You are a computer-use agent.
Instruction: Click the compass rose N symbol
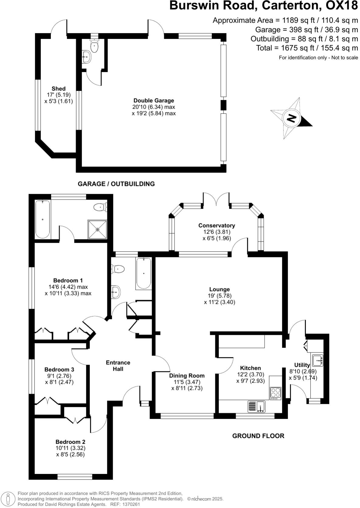[x=291, y=118]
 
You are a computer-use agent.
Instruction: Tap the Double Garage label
[x=154, y=101]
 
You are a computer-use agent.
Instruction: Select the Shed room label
[x=58, y=89]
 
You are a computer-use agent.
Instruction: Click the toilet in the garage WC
[x=95, y=46]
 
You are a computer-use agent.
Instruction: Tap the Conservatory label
[x=216, y=225]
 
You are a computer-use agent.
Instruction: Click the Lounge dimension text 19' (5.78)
[x=220, y=296]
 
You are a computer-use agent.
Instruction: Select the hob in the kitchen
[x=275, y=393]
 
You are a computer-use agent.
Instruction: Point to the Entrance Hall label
[x=118, y=366]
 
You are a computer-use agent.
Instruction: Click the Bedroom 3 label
[x=59, y=369]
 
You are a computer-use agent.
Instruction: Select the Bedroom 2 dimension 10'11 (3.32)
[x=70, y=448]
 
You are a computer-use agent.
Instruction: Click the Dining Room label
[x=187, y=376]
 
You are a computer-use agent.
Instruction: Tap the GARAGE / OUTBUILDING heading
[x=116, y=184]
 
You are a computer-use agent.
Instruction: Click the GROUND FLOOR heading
[x=258, y=436]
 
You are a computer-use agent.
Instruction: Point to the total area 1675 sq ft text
[x=307, y=48]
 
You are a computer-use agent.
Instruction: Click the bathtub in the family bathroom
[x=143, y=273]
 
